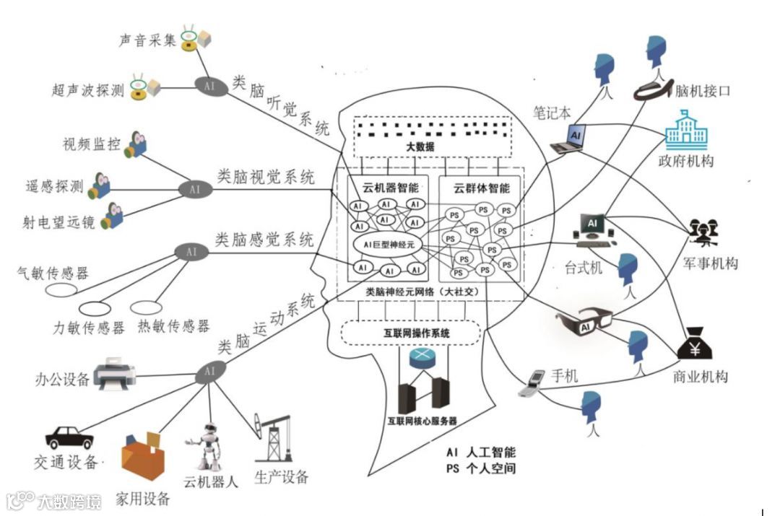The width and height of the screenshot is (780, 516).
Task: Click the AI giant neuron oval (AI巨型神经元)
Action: (x=387, y=244)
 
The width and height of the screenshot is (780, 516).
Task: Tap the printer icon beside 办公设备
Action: (x=115, y=373)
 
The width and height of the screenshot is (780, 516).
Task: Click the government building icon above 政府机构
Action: (x=685, y=130)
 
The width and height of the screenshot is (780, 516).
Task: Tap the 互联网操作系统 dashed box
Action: (x=410, y=333)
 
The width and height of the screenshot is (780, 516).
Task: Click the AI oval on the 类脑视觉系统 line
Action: (x=194, y=190)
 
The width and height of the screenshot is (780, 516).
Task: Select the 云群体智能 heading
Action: (x=481, y=188)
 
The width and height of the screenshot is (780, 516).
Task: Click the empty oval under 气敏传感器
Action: (x=61, y=290)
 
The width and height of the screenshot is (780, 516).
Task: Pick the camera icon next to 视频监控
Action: (x=135, y=145)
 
